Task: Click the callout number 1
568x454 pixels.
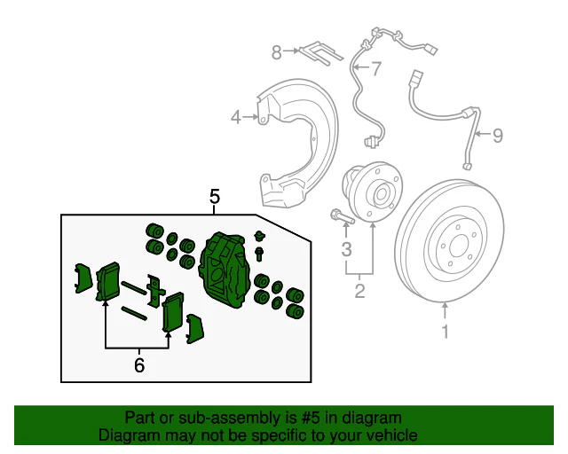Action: (446, 333)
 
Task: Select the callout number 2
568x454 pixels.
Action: (359, 290)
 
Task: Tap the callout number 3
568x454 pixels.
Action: (347, 247)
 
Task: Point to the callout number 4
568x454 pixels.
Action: (236, 116)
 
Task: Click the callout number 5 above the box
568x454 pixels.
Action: (215, 196)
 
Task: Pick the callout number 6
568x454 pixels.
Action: (138, 364)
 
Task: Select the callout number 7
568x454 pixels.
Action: (375, 68)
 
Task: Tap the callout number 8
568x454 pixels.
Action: (276, 52)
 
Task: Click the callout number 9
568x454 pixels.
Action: (497, 135)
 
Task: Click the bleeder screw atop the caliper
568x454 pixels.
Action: (259, 237)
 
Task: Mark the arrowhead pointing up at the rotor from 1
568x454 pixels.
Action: (446, 307)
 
